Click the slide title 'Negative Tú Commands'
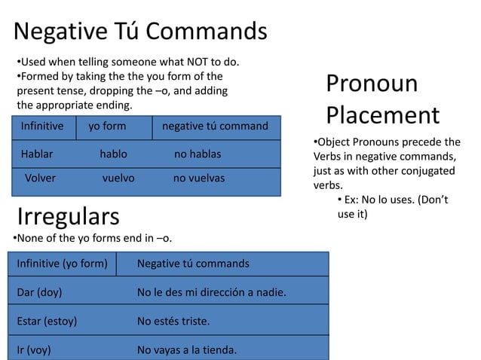point(140,32)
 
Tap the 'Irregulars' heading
point(68,216)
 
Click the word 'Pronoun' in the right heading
point(372,84)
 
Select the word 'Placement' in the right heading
point(382,115)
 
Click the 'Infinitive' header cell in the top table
point(42,126)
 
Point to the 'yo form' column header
point(107,126)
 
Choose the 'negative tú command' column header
point(215,126)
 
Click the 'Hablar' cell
point(37,154)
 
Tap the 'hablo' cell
point(113,154)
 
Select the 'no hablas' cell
point(198,154)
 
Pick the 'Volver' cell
point(41,178)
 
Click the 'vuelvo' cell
point(118,178)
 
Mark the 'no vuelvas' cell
point(199,178)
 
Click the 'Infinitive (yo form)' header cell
point(62,264)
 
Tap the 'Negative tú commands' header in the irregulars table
point(193,264)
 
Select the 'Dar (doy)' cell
point(39,291)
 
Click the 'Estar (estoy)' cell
point(47,321)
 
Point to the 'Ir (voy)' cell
point(35,349)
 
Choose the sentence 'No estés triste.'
point(173,321)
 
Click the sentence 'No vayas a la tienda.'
point(187,349)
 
